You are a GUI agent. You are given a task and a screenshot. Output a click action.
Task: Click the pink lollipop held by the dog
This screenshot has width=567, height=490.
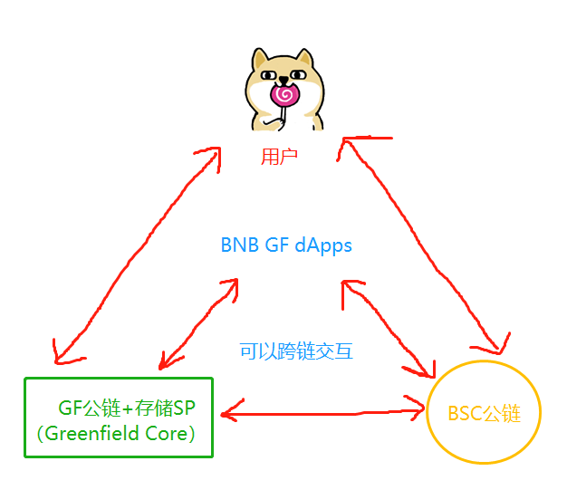[283, 93]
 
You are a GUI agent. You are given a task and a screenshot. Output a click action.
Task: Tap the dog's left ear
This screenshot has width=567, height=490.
[263, 60]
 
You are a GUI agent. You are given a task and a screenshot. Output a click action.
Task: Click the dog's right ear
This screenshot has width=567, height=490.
[306, 60]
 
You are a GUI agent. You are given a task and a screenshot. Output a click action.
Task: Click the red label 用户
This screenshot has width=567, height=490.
[280, 158]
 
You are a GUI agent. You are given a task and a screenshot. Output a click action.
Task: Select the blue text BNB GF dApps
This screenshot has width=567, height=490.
[285, 245]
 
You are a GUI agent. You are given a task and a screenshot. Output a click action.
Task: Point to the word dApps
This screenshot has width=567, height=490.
[323, 245]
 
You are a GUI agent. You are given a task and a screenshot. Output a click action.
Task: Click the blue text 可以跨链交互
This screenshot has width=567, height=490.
[296, 351]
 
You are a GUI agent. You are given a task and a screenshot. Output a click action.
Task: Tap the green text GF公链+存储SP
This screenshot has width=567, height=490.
[127, 408]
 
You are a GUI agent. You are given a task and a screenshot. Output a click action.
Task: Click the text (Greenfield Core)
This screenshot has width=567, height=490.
[118, 433]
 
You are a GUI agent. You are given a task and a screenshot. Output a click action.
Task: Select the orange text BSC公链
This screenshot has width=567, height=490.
[484, 414]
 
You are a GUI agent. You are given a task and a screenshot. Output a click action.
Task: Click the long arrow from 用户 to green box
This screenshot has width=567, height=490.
[136, 254]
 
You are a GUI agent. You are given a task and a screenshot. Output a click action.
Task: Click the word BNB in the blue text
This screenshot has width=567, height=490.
[239, 245]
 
